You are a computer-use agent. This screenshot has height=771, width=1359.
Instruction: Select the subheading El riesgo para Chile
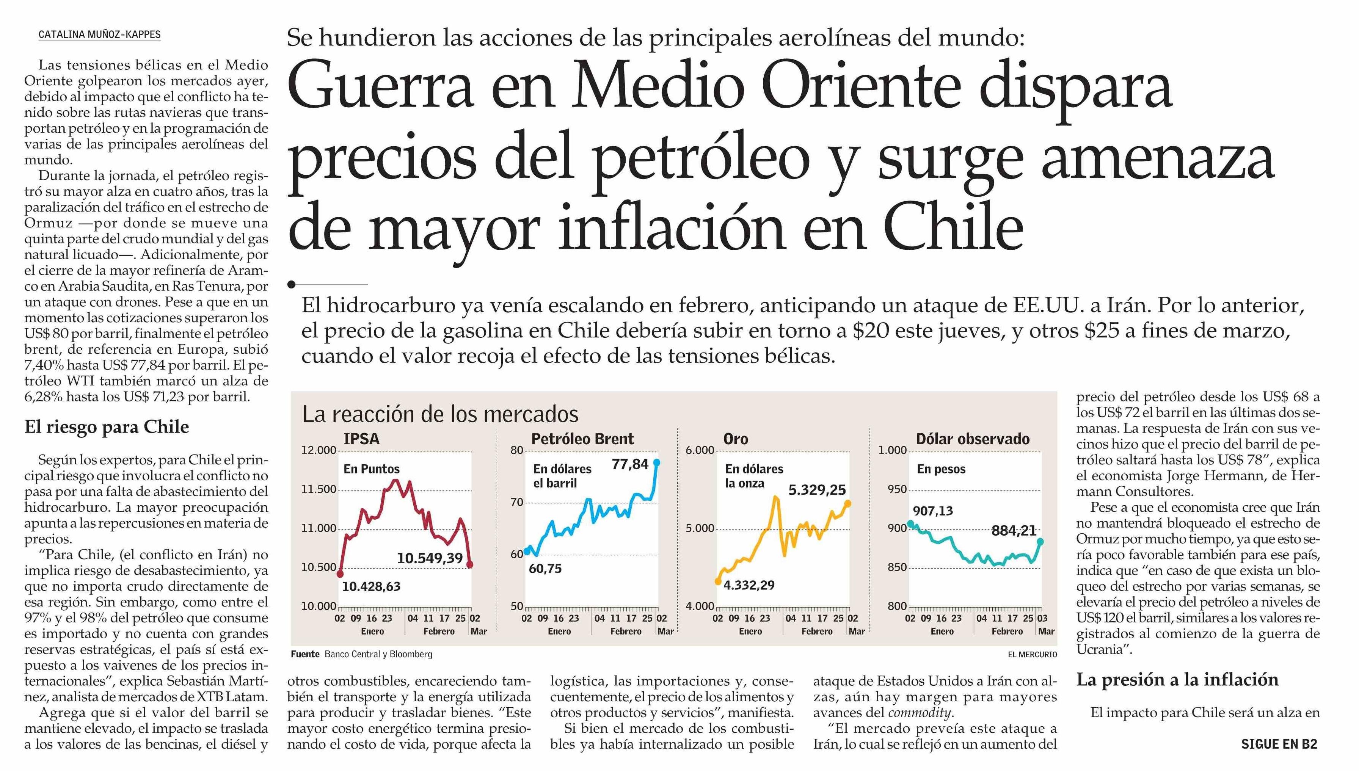tap(107, 427)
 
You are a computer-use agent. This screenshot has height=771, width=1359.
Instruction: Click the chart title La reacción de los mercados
tap(440, 414)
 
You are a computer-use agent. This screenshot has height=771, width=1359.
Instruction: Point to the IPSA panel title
tap(361, 439)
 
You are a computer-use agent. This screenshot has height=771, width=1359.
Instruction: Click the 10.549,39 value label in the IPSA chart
tap(430, 558)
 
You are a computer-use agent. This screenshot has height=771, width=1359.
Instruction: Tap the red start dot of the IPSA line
tap(340, 574)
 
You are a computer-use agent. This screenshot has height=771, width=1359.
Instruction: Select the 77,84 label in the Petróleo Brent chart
tap(630, 464)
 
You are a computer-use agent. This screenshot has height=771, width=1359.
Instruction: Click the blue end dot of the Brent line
tap(657, 462)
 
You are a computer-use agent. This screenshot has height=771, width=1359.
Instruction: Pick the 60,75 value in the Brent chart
tap(545, 569)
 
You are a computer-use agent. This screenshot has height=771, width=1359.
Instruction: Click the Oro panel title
tap(736, 439)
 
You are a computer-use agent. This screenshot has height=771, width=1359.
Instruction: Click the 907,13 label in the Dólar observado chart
tap(933, 511)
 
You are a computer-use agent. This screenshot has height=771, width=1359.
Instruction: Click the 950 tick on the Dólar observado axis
tap(897, 489)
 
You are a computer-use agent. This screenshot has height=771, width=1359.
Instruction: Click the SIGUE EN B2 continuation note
tap(1279, 744)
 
